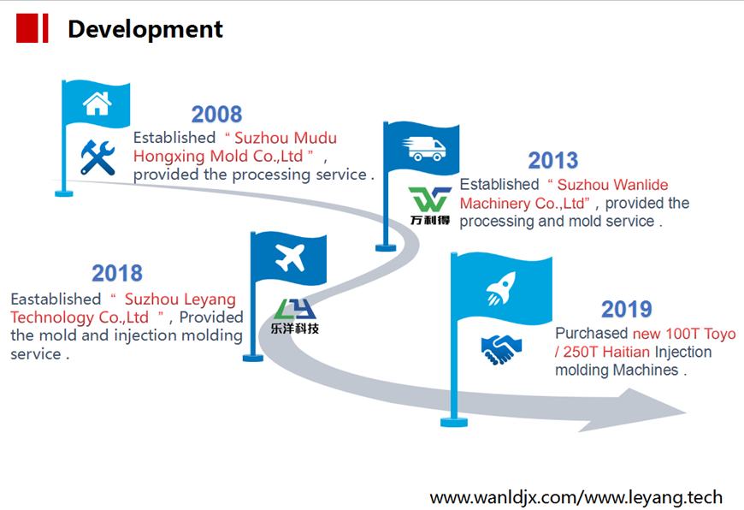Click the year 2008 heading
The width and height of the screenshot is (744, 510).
pyautogui.click(x=216, y=115)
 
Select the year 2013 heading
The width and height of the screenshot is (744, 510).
pyautogui.click(x=552, y=161)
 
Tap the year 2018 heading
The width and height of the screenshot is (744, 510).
pyautogui.click(x=116, y=273)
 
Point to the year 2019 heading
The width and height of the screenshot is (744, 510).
pyautogui.click(x=626, y=309)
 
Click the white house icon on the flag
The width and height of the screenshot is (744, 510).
pyautogui.click(x=97, y=103)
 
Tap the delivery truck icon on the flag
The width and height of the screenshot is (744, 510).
pyautogui.click(x=423, y=149)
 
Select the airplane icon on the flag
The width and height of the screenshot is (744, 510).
pyautogui.click(x=290, y=258)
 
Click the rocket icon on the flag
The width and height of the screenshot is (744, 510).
pyautogui.click(x=500, y=288)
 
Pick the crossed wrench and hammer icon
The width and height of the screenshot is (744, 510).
pyautogui.click(x=97, y=157)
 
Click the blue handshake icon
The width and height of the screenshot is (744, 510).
pyautogui.click(x=501, y=349)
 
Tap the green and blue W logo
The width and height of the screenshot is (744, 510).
pyautogui.click(x=429, y=199)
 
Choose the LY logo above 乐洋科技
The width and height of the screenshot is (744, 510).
pyautogui.click(x=295, y=309)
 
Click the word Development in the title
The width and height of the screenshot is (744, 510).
pyautogui.click(x=145, y=29)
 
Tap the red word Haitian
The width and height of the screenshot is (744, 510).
pyautogui.click(x=626, y=352)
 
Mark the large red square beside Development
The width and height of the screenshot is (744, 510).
pyautogui.click(x=27, y=28)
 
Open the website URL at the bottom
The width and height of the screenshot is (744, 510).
pyautogui.click(x=576, y=497)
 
